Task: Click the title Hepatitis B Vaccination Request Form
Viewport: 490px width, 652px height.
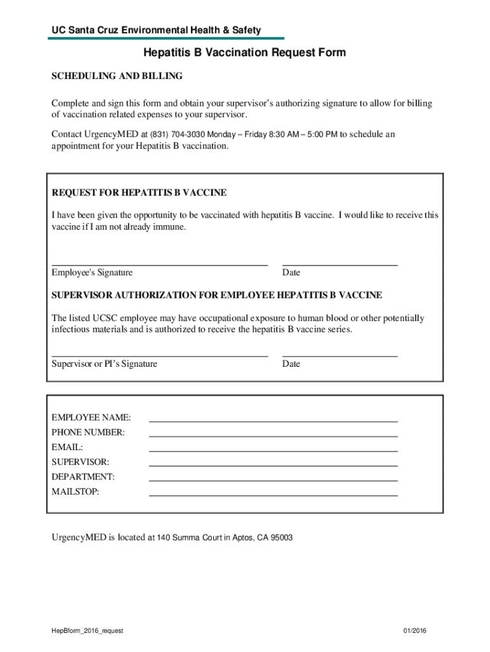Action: tap(244, 53)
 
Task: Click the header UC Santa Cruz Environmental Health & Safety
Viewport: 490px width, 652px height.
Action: tap(157, 30)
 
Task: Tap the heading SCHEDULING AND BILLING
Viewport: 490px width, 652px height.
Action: tap(116, 76)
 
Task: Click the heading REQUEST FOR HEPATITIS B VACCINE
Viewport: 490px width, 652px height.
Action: tap(139, 192)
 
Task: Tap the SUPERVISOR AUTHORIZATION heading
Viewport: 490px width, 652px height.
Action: tap(216, 295)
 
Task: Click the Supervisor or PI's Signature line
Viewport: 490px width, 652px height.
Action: tap(159, 354)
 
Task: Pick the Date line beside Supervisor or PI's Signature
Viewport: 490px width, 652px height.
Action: tap(340, 354)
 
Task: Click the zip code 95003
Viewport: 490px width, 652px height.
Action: tap(282, 538)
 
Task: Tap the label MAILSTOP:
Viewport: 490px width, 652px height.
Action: tap(75, 492)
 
